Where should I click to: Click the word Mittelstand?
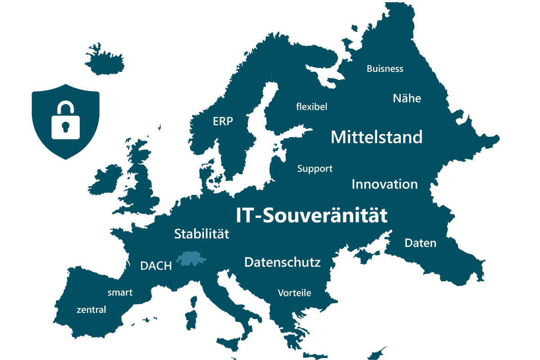pos(377,137)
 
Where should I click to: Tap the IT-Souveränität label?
pos(311,216)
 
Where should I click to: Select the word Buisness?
pos(385,69)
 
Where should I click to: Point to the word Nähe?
pos(407,98)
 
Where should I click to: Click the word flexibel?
pos(311,107)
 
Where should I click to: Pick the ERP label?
pos(223,121)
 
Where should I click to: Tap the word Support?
pos(315,169)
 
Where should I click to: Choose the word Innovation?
pos(384,184)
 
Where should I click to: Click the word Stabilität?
pos(202,234)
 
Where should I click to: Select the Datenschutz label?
pos(282,262)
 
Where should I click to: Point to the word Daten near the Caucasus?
pos(420,243)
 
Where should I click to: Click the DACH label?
pos(156,266)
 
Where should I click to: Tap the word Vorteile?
pos(294,293)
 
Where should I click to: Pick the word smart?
pos(120,292)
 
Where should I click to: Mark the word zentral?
pos(91,310)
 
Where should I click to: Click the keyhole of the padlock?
pos(66,127)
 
